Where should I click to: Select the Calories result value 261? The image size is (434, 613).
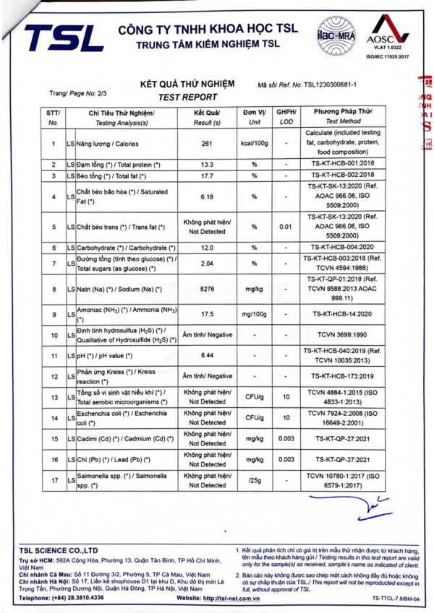(207, 143)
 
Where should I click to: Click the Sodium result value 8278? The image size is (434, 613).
(207, 289)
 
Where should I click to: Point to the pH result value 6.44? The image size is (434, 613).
(207, 356)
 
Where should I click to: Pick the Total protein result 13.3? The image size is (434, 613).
(207, 165)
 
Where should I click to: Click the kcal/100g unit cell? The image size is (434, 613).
(254, 143)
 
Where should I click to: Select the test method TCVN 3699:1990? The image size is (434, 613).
(343, 336)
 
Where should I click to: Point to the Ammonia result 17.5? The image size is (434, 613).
(207, 315)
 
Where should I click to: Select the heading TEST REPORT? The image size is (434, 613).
(187, 97)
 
